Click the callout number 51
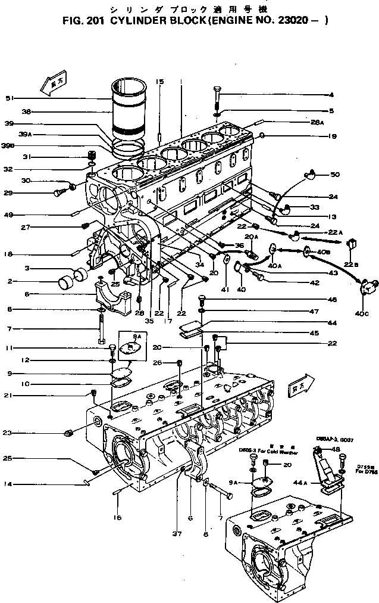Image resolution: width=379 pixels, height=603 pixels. pyautogui.click(x=9, y=98)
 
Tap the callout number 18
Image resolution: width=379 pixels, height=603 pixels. pyautogui.click(x=9, y=254)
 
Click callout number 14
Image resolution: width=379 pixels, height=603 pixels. pyautogui.click(x=9, y=485)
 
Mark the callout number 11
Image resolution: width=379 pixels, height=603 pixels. pyautogui.click(x=9, y=347)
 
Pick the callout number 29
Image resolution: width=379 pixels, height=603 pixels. pyautogui.click(x=9, y=192)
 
